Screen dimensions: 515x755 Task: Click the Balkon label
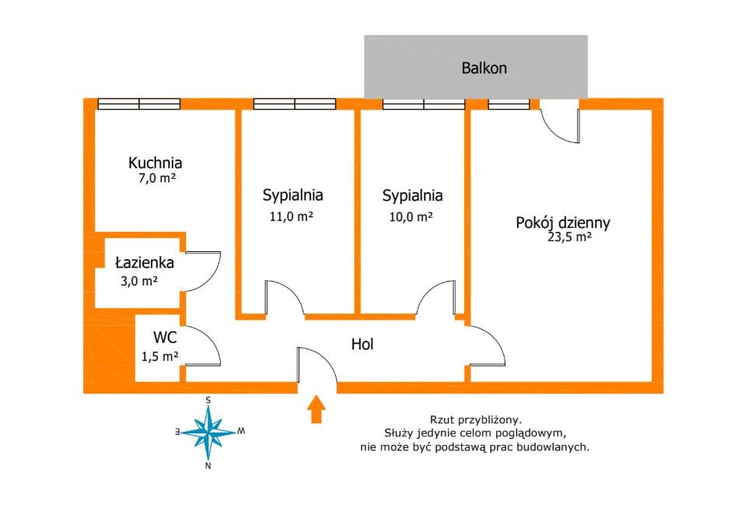pyautogui.click(x=484, y=68)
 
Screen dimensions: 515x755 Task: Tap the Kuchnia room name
pyautogui.click(x=155, y=163)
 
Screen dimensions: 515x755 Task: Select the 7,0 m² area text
pyautogui.click(x=156, y=178)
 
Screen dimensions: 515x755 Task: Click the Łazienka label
pyautogui.click(x=144, y=263)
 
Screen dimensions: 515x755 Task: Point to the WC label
pyautogui.click(x=163, y=338)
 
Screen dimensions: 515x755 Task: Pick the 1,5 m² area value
pyautogui.click(x=160, y=356)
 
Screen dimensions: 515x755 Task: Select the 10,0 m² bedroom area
pyautogui.click(x=411, y=217)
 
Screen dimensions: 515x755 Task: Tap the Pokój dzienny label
pyautogui.click(x=563, y=223)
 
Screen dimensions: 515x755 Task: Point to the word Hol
pyautogui.click(x=362, y=344)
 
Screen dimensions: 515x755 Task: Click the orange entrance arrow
pyautogui.click(x=316, y=409)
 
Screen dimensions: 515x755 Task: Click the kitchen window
pyautogui.click(x=138, y=103)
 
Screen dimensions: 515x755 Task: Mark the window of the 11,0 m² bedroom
pyautogui.click(x=294, y=103)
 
